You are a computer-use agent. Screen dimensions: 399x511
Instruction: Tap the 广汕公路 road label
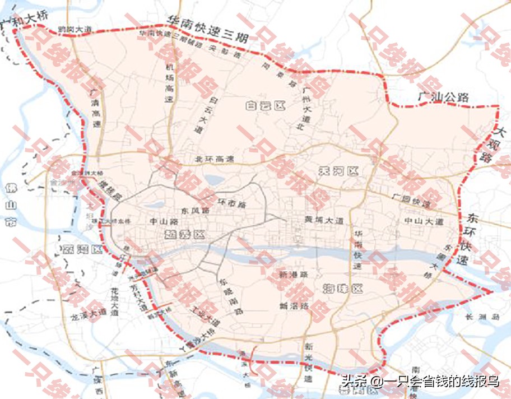[x=443, y=97]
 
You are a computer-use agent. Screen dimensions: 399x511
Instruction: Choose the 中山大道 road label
[x=424, y=222]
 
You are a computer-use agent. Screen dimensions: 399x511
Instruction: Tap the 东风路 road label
[x=196, y=210]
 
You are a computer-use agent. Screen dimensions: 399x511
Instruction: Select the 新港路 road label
[x=294, y=275]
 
